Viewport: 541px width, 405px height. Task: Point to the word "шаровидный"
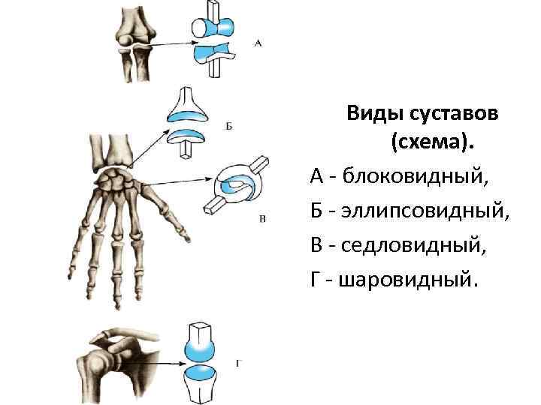408,280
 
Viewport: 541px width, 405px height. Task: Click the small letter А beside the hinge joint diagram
258,43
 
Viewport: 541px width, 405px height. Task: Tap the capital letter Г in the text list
316,280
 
